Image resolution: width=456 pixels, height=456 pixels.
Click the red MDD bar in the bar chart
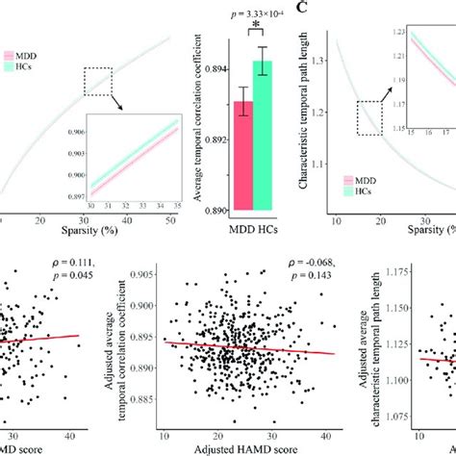(243, 154)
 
